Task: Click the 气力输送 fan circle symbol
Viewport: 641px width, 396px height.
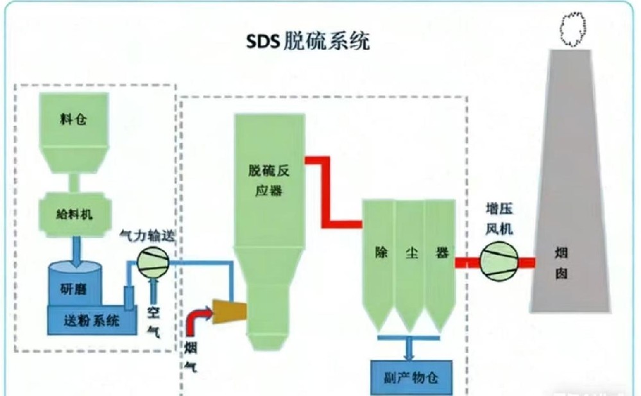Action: click(x=153, y=261)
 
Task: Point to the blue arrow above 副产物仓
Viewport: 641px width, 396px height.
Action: click(x=410, y=348)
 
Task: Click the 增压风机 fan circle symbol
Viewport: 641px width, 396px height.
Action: click(x=499, y=261)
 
